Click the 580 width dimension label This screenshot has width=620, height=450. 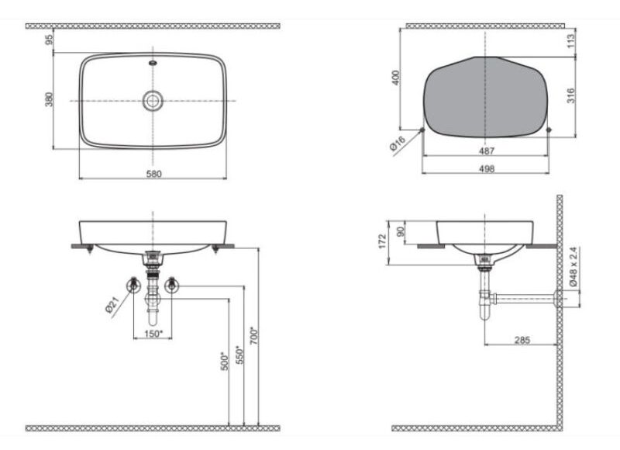153,174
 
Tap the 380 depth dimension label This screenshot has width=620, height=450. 49,99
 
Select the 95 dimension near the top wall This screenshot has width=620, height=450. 49,40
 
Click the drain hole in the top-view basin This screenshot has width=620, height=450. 153,101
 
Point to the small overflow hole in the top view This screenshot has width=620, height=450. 153,63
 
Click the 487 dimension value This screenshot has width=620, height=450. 487,151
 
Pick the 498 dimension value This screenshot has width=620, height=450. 487,168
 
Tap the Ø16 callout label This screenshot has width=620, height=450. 398,144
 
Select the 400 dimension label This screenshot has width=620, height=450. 395,78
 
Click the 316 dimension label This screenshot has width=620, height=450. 571,95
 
